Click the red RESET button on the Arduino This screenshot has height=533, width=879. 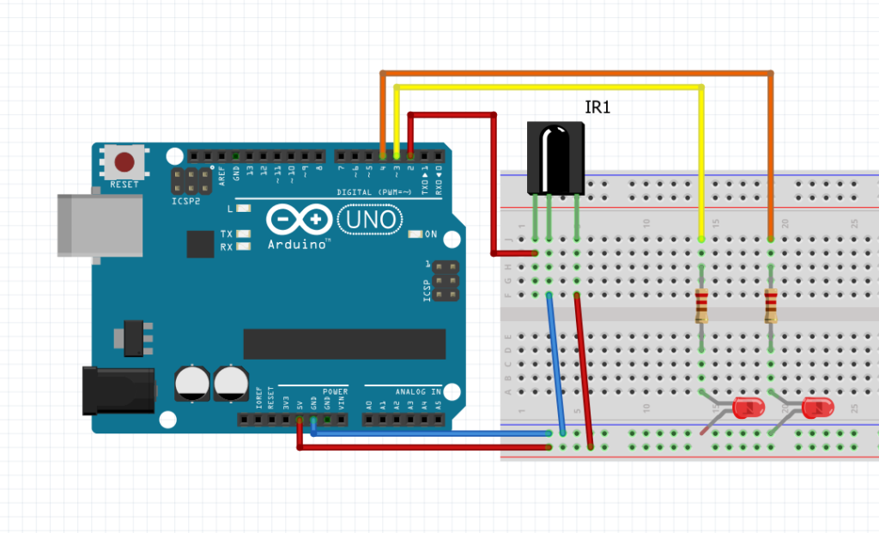(x=125, y=161)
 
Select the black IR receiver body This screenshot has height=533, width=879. (x=555, y=156)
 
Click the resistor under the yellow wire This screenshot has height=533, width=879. (x=702, y=306)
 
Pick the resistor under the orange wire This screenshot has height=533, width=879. (x=771, y=306)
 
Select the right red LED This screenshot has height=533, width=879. (x=816, y=409)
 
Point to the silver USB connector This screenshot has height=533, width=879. (x=100, y=224)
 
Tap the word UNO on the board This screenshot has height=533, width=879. (x=371, y=221)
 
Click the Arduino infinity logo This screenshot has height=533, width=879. (x=298, y=221)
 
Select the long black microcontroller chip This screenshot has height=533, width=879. (x=344, y=343)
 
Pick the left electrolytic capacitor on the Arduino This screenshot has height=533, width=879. (x=191, y=384)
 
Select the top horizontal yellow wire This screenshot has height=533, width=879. (x=549, y=87)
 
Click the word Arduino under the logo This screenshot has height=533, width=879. (x=299, y=245)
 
